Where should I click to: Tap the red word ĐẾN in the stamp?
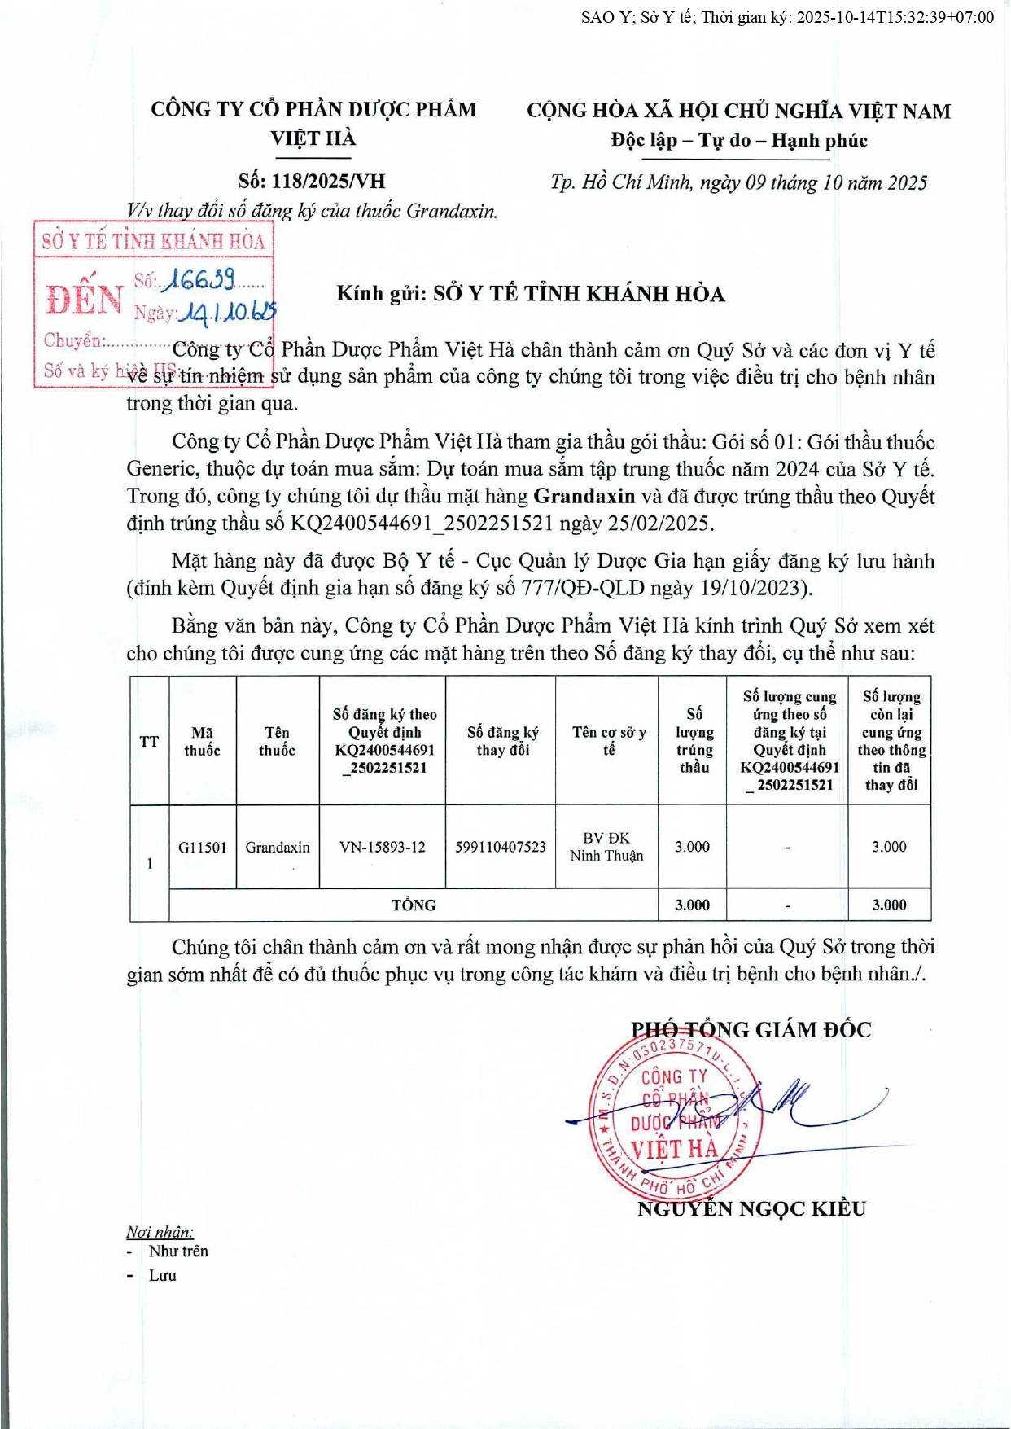coord(85,300)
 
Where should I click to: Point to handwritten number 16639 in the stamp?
coord(199,280)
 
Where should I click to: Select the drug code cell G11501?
coord(203,847)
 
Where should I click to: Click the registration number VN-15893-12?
coord(383,847)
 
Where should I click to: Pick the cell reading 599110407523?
coord(501,847)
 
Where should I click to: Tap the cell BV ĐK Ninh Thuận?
coord(606,847)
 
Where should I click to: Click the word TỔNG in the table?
coord(414,905)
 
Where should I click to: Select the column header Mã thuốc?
coord(203,741)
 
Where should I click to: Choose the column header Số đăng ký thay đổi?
coord(502,741)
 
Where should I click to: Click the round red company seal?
coord(675,1115)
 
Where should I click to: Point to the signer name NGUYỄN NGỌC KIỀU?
coord(751,1208)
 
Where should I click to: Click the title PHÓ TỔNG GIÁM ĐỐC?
coord(751,1029)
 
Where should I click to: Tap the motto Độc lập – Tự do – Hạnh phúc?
coord(739,140)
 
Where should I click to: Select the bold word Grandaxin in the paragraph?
coord(584,496)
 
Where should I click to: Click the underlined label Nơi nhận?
coord(160,1232)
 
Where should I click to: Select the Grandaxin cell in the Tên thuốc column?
coord(278,847)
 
